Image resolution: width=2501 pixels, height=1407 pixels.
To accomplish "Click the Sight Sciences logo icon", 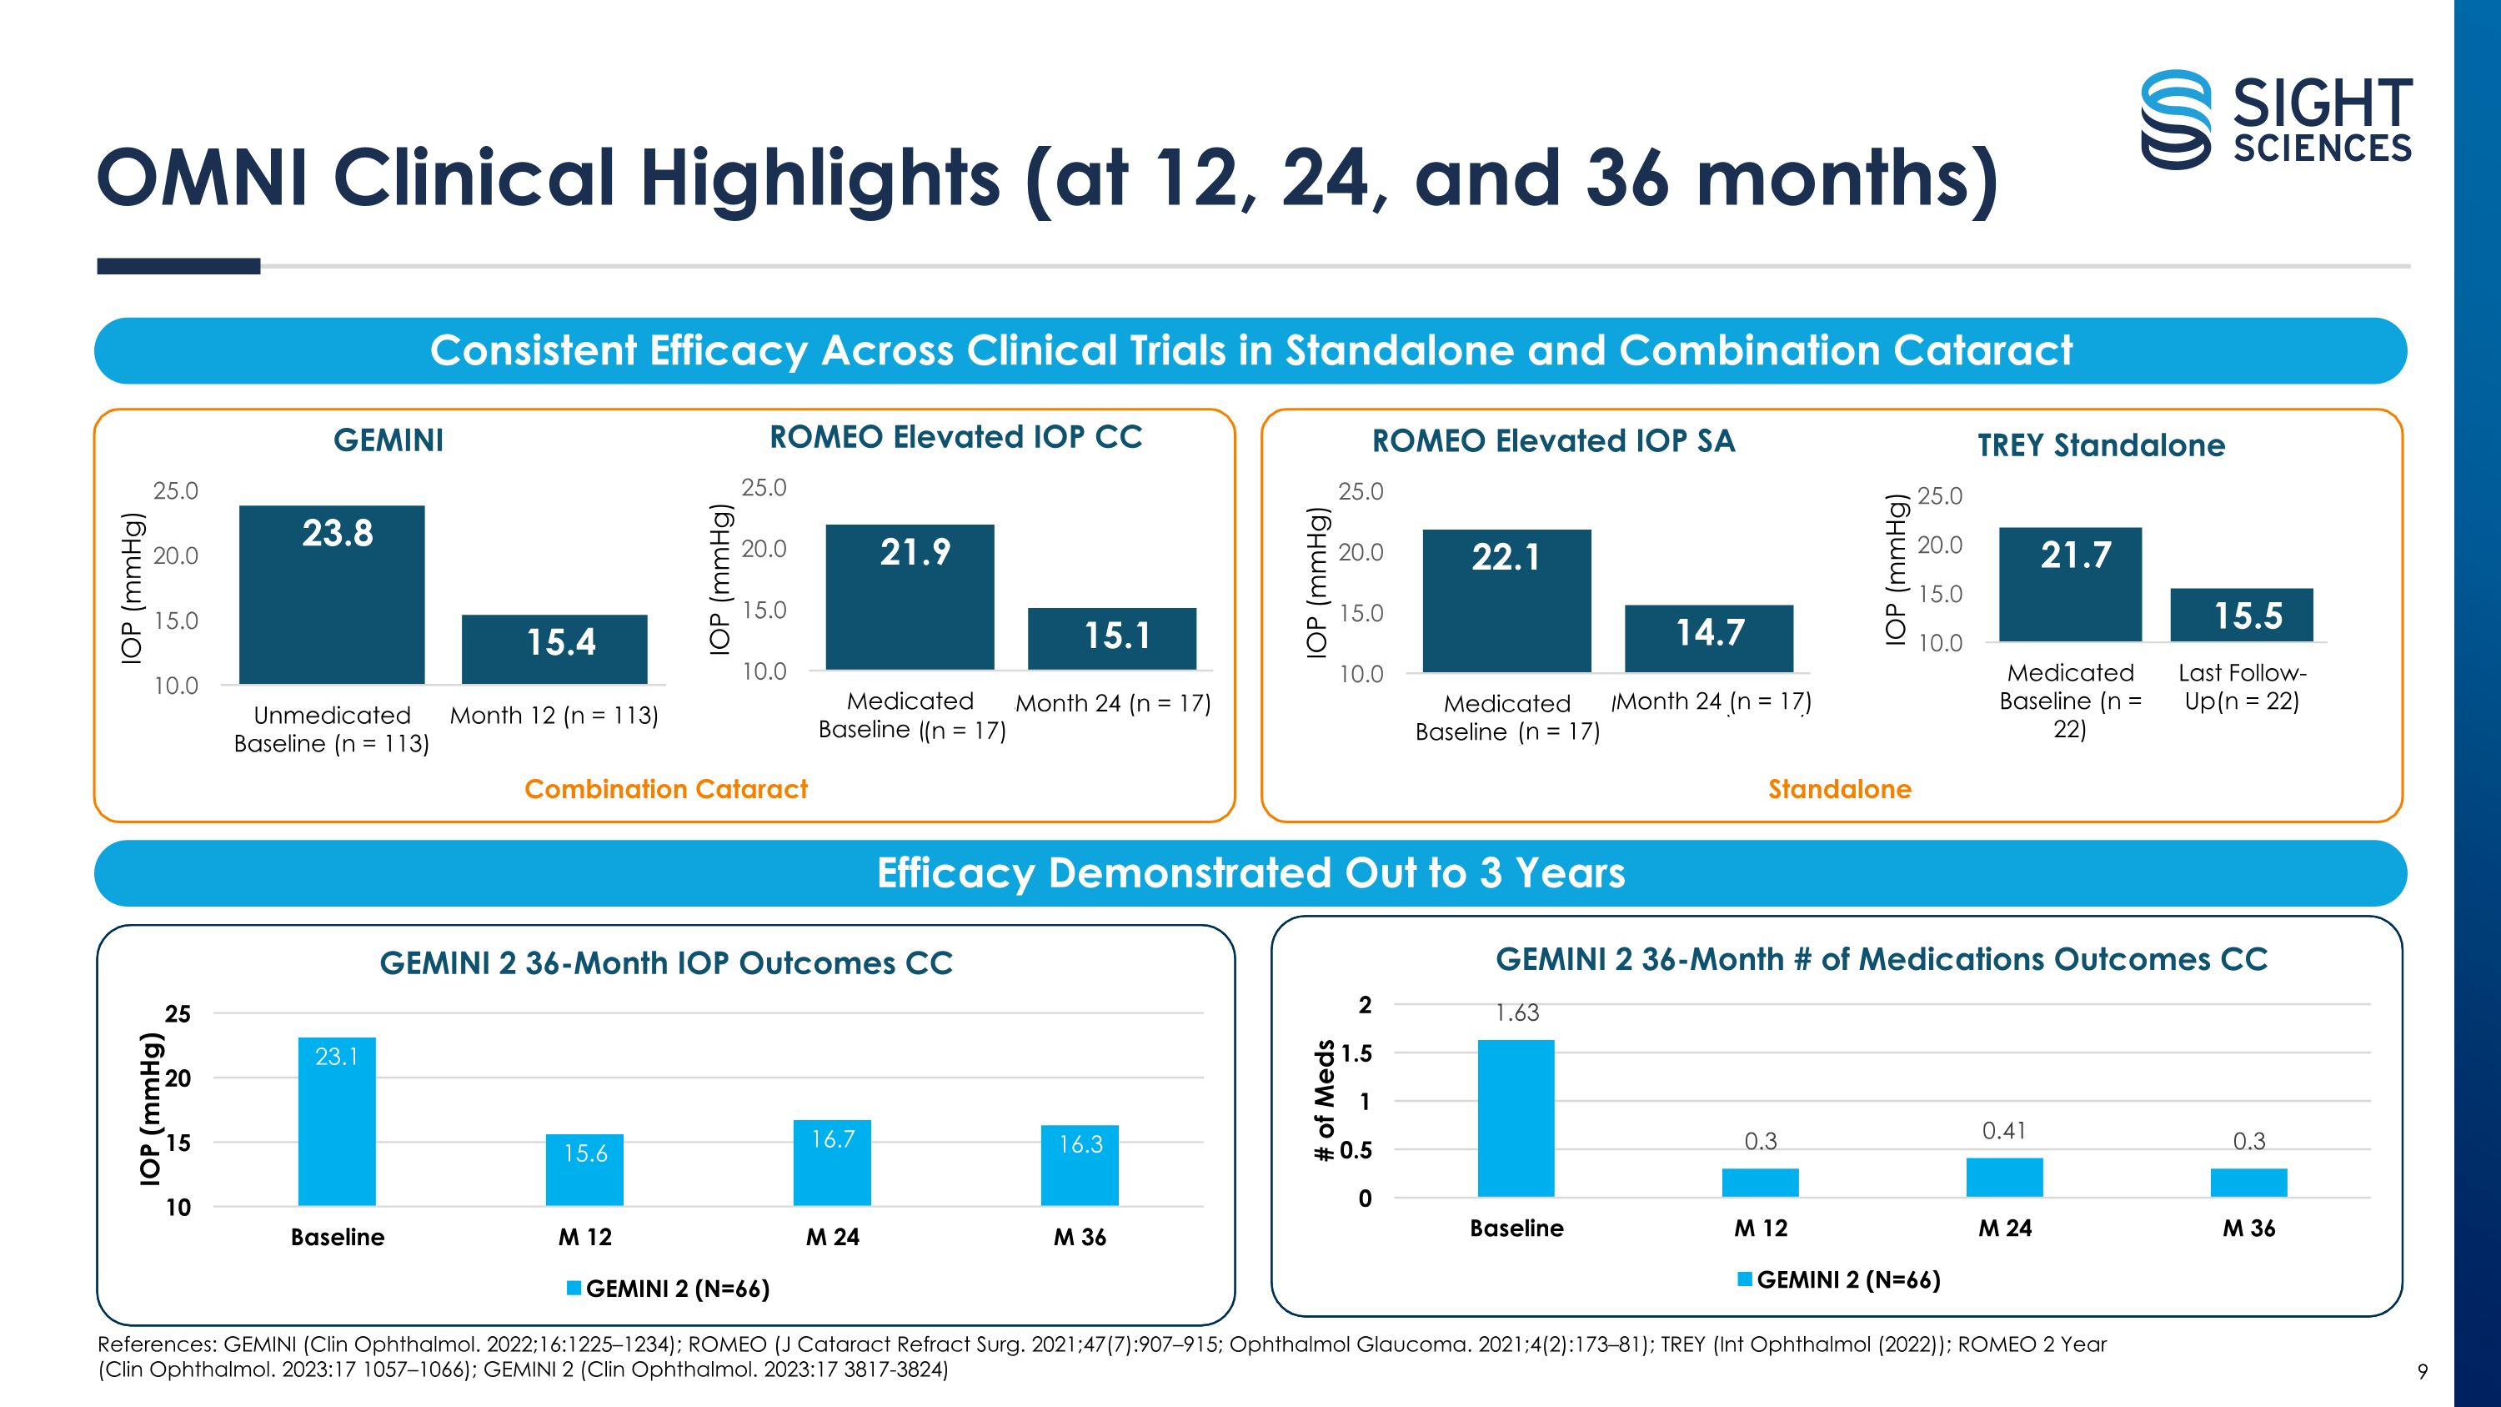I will [2176, 119].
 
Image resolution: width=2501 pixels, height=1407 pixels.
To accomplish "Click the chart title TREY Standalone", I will [2101, 445].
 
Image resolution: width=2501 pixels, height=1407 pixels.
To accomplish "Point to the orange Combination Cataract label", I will [666, 788].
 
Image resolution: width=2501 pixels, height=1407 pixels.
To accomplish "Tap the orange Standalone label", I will [1839, 788].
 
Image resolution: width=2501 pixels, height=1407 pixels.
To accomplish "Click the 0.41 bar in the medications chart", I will [2004, 1177].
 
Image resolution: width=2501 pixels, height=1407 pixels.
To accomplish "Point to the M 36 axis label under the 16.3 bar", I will [1080, 1237].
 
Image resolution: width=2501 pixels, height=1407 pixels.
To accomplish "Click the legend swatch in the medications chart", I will [1745, 1279].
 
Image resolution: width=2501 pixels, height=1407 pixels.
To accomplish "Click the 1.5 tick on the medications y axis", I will [1356, 1053].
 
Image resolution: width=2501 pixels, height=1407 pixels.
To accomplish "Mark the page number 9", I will [2423, 1371].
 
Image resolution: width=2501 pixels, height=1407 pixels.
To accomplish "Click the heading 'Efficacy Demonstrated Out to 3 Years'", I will [1250, 873].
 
